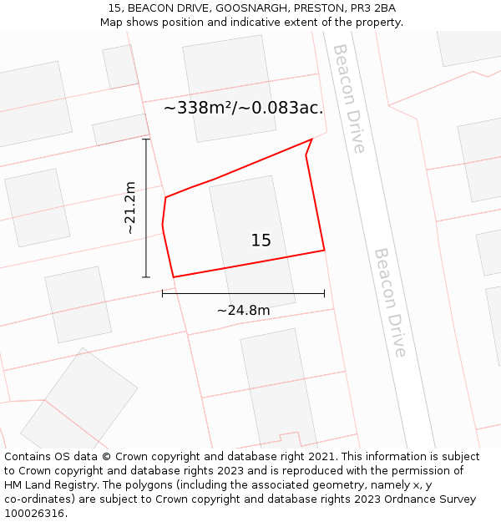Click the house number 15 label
click(x=261, y=241)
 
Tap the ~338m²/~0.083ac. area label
click(x=243, y=108)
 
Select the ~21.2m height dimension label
click(x=130, y=208)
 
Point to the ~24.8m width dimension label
click(x=243, y=311)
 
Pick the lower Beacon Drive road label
click(x=390, y=302)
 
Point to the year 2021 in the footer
click(x=320, y=457)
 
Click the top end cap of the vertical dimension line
click(x=146, y=139)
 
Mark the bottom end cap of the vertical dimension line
click(x=146, y=277)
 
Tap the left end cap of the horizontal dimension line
click(x=162, y=293)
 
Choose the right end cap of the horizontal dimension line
click(x=324, y=293)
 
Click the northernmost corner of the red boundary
click(x=312, y=139)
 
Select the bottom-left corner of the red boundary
click(x=173, y=277)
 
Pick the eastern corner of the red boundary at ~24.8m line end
click(x=324, y=250)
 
